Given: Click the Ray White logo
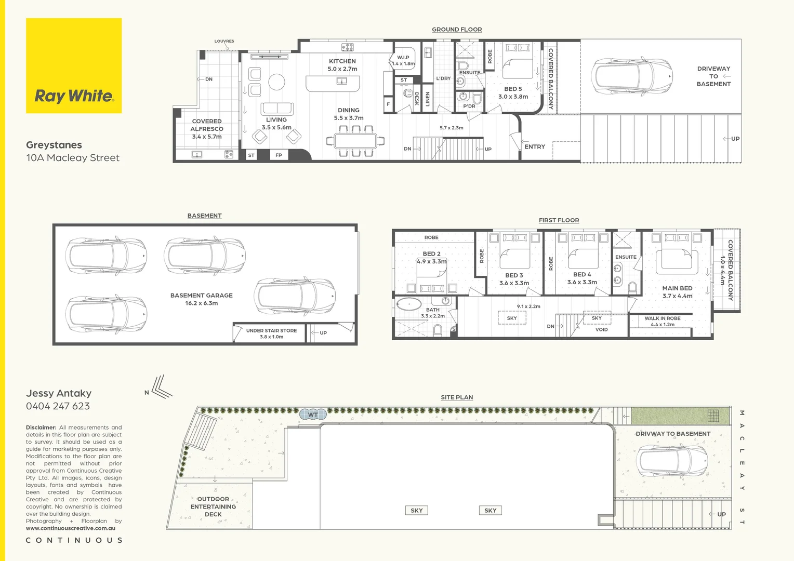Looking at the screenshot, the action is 74,65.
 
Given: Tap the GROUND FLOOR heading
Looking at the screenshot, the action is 457,30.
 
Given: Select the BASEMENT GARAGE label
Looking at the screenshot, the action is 201,295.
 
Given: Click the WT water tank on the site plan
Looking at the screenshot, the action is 313,415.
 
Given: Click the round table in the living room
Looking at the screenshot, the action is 276,82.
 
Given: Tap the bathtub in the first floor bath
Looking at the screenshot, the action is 409,304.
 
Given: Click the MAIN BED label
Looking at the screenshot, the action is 677,288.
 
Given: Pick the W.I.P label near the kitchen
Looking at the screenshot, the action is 403,57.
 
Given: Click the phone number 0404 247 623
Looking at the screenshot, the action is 58,406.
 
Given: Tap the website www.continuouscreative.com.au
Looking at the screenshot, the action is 71,528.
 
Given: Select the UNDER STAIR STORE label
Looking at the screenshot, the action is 272,330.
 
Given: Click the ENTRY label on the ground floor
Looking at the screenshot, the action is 535,146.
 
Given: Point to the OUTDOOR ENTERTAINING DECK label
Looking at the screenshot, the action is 213,506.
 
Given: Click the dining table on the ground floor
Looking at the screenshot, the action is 355,141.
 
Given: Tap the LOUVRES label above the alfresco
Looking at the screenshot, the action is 224,41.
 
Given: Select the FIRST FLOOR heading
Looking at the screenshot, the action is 559,220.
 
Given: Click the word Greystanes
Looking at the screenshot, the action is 54,145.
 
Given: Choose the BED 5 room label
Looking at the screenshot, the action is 513,89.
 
